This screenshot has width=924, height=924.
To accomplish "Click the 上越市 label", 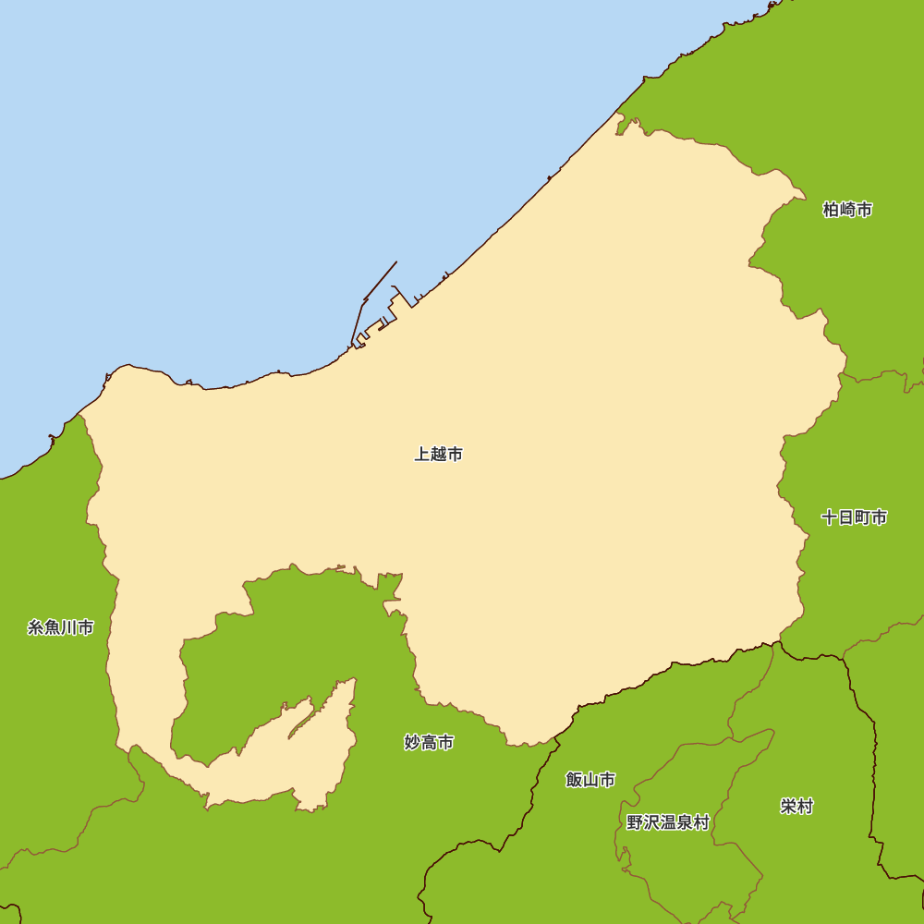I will (x=439, y=455).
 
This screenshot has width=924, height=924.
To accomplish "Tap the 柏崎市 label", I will (x=847, y=210).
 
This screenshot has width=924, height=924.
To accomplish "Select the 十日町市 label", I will (x=855, y=517).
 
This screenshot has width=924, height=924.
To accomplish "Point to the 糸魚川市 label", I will (x=61, y=628).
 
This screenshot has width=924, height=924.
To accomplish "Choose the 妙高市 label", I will (x=429, y=743).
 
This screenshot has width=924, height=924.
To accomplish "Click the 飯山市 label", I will (x=590, y=780).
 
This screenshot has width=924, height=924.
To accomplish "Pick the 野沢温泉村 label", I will (x=667, y=822).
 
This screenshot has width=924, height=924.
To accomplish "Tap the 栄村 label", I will (x=796, y=807).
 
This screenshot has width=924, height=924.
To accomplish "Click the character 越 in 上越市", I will (x=439, y=455).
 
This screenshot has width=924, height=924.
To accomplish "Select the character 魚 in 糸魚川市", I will (x=53, y=628).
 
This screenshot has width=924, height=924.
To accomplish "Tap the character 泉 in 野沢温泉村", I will (x=685, y=822).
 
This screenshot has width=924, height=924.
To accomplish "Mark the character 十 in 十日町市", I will (x=830, y=517).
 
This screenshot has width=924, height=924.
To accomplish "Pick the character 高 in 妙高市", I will (x=429, y=743).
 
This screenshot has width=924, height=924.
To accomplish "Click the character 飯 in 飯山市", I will (x=574, y=780).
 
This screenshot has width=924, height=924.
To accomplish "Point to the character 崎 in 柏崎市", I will (x=847, y=210).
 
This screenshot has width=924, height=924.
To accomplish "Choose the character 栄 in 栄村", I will (x=788, y=807).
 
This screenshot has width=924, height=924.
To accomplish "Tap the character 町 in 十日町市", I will (x=863, y=517).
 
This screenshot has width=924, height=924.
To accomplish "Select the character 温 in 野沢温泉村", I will (x=667, y=822).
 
